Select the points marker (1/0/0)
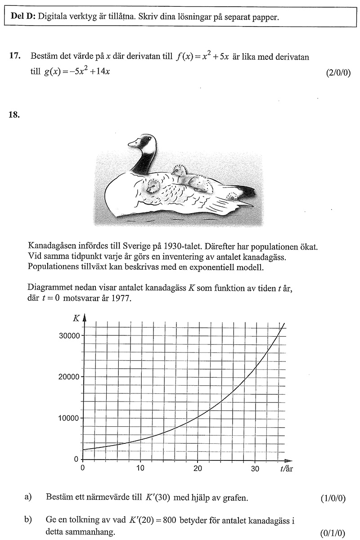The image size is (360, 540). tap(333, 498)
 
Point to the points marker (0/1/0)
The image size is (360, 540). tap(333, 533)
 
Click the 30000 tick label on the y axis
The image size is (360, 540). tap(68, 335)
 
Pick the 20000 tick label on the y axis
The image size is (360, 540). tap(68, 377)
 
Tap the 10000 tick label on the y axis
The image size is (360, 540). tap(68, 418)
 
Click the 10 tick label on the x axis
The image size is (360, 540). tap(140, 469)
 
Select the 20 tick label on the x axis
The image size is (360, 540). tap(198, 469)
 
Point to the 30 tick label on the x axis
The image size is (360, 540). tap(255, 469)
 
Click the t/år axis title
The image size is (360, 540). tap(286, 469)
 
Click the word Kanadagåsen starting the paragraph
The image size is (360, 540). tap(51, 247)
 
